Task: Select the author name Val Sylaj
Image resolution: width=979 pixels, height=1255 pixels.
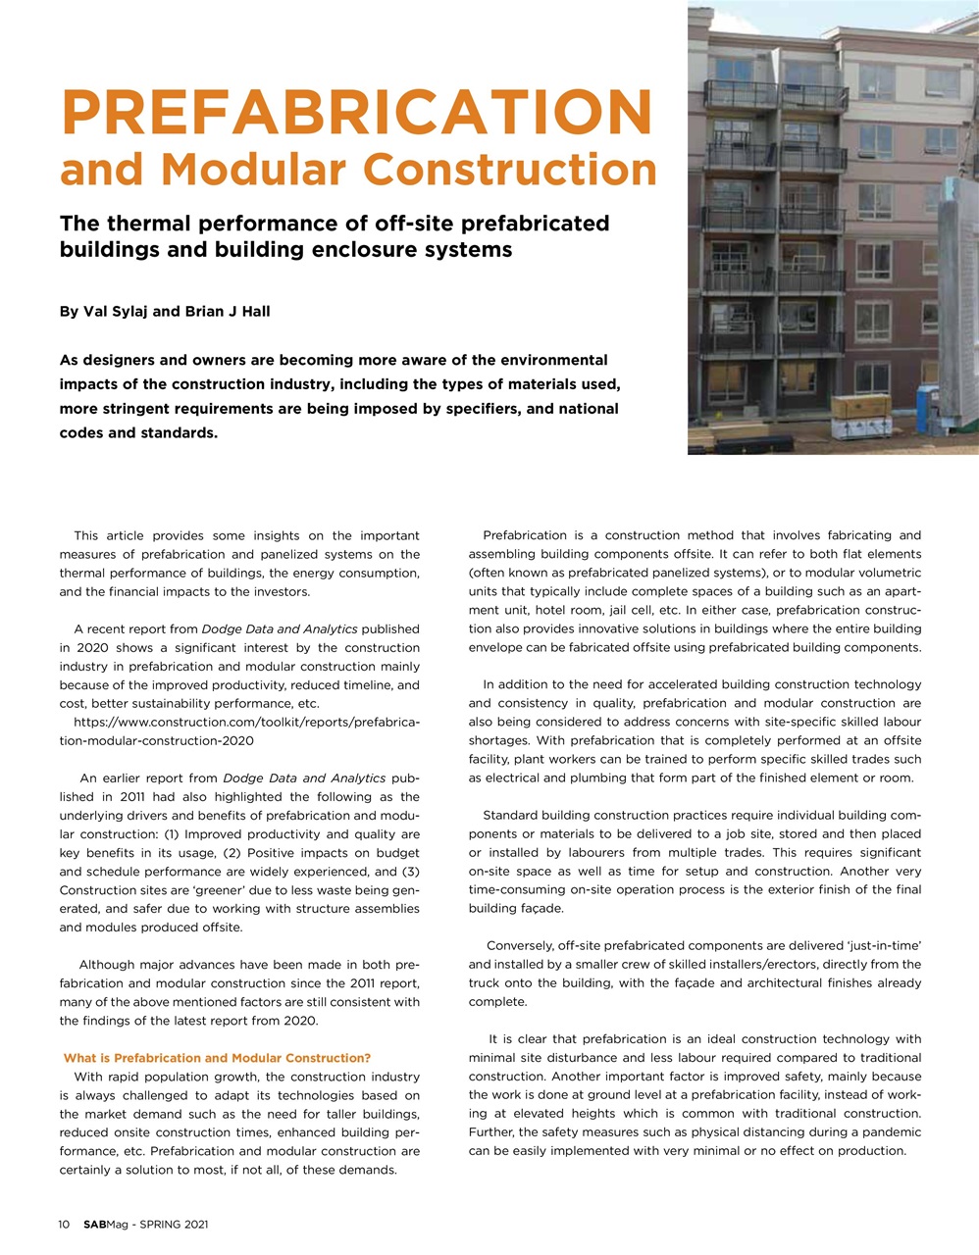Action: (x=116, y=312)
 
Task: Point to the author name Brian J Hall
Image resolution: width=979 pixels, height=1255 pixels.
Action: (x=227, y=312)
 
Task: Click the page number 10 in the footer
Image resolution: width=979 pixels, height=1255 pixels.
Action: (x=65, y=1225)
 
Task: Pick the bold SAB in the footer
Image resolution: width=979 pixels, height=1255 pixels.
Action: (x=94, y=1225)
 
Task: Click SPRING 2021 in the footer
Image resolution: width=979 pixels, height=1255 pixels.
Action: (x=174, y=1225)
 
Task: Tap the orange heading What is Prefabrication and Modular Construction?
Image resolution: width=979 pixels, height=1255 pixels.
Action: (x=217, y=1058)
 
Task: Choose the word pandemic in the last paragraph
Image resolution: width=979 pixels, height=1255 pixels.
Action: (x=890, y=1132)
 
